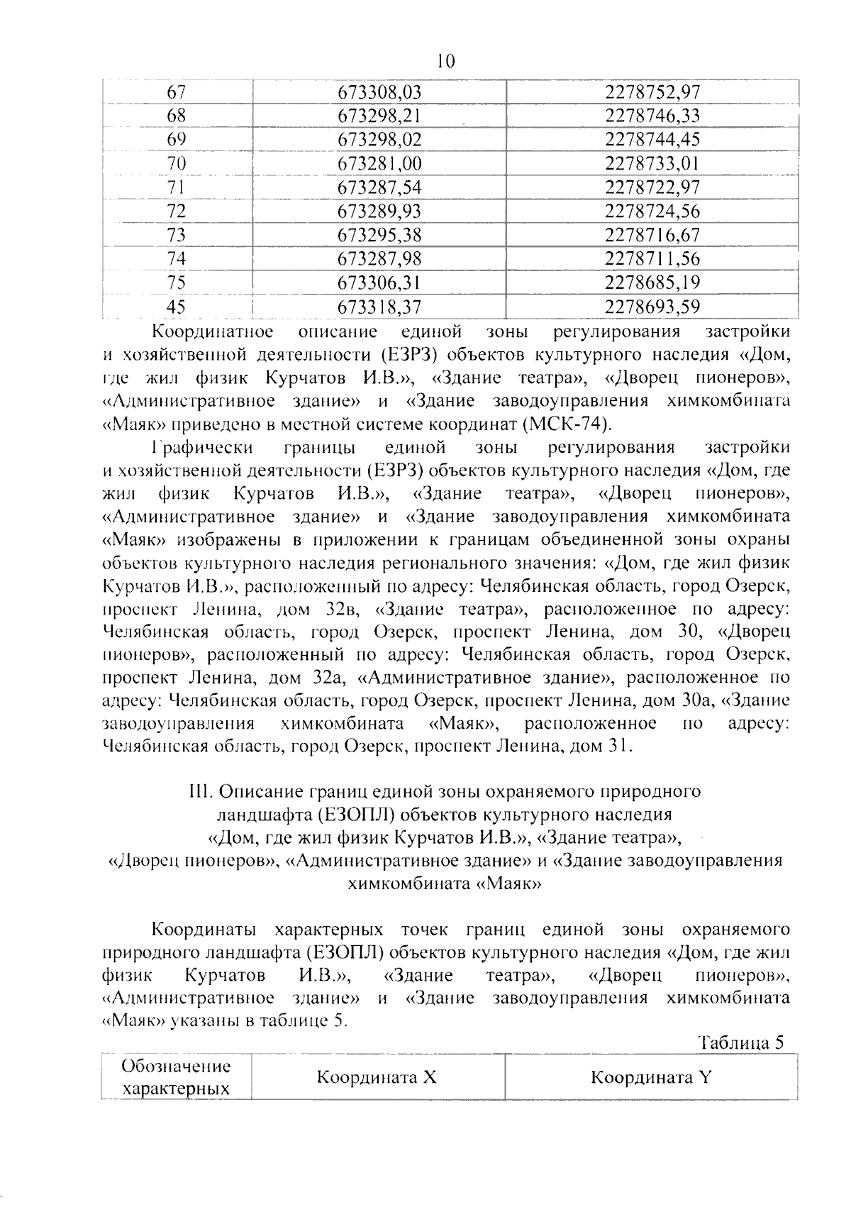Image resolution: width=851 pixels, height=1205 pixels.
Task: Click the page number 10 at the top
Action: point(446,62)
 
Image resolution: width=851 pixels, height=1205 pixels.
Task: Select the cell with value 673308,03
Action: point(379,92)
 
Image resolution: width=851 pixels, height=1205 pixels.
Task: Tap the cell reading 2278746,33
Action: point(652,116)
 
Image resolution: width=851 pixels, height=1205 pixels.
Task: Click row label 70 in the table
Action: point(176,164)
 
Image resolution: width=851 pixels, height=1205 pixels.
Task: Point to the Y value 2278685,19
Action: point(652,283)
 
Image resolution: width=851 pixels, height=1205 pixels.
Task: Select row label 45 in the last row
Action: point(176,307)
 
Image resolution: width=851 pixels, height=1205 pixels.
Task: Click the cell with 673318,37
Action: point(379,307)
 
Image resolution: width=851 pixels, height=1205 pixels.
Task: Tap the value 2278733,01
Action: point(652,164)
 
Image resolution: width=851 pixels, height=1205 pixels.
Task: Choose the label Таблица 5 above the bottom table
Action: point(741,1042)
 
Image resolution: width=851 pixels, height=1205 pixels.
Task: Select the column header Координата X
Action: point(376,1077)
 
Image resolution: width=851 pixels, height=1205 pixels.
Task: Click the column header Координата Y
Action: point(650,1077)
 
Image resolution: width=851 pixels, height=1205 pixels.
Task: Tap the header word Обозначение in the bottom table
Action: point(177,1067)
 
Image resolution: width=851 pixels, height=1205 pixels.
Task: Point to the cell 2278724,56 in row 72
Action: point(652,211)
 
